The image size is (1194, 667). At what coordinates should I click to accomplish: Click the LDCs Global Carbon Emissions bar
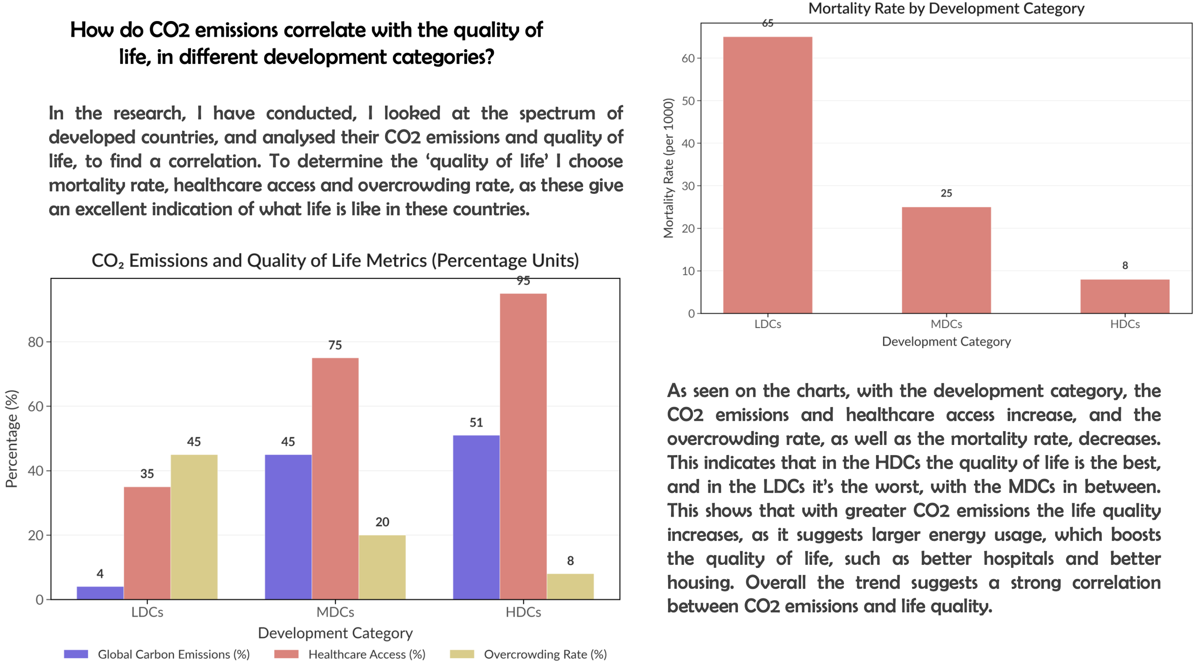100,593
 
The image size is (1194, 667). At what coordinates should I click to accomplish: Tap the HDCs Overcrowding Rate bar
570,586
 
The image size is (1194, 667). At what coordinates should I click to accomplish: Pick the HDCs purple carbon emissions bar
476,517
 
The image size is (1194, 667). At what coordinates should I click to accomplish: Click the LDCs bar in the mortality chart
768,175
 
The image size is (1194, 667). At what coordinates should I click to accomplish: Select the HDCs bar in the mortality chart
1125,296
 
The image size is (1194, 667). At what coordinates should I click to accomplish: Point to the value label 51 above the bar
476,423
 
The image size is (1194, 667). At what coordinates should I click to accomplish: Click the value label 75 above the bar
335,345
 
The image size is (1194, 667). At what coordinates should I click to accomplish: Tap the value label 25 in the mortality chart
946,193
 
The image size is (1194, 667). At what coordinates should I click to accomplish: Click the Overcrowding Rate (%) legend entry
545,654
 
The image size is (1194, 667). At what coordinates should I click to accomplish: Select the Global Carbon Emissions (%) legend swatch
76,654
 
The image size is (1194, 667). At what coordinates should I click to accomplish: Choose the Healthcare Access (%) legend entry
366,654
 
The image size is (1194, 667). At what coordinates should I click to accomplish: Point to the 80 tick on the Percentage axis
35,342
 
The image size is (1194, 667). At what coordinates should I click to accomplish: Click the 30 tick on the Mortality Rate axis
688,186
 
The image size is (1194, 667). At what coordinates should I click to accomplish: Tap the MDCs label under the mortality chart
946,324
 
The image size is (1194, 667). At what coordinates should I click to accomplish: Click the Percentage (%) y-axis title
11,439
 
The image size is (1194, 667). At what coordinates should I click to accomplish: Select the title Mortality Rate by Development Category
946,9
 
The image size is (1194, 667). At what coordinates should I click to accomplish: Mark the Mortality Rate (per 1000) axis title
668,168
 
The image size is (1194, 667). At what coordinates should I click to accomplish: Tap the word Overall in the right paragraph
775,582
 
